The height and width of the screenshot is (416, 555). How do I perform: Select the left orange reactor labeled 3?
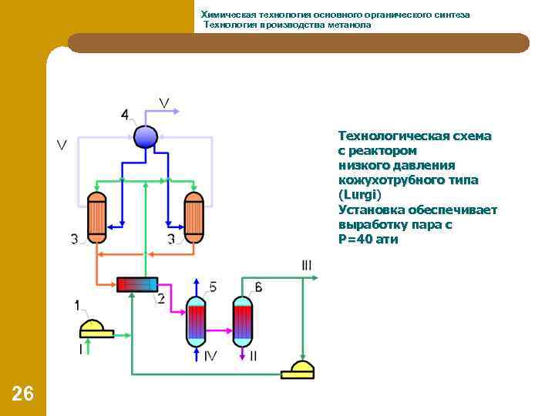point(96,217)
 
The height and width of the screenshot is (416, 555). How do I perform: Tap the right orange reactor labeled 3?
point(193,217)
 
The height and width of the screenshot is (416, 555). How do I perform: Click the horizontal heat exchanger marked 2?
point(136,284)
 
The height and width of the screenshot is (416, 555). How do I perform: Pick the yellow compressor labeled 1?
point(96,329)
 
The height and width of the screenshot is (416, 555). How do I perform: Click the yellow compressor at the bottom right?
point(298,370)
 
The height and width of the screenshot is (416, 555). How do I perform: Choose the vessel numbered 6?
point(244,321)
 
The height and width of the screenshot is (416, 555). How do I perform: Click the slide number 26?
point(22,394)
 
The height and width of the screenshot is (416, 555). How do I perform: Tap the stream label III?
point(307,266)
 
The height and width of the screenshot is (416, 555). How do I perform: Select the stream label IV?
point(210,355)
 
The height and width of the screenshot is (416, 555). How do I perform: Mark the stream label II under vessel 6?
point(254,355)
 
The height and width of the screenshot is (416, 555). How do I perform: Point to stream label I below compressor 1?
point(81,349)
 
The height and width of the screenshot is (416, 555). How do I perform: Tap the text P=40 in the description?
point(358,239)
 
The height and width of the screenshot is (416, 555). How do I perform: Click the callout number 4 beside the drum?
point(125,115)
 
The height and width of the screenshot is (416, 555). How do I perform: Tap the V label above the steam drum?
point(165,102)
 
